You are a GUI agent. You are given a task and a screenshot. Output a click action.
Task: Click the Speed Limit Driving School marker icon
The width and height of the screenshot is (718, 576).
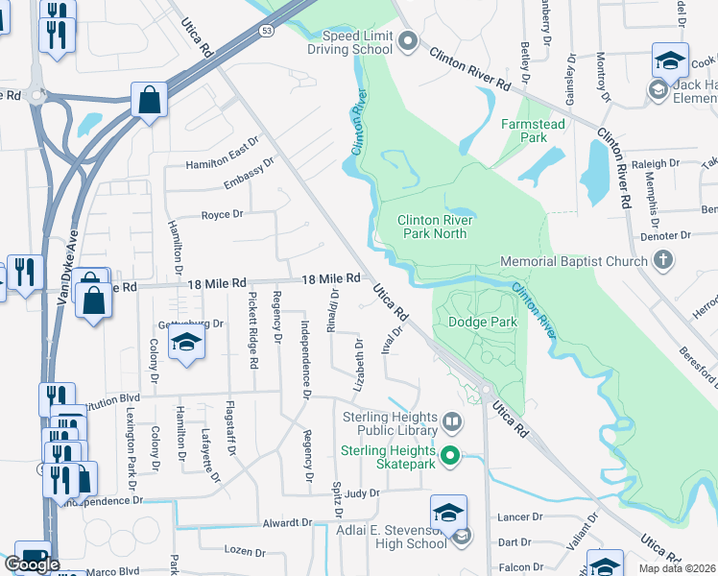point(408,40)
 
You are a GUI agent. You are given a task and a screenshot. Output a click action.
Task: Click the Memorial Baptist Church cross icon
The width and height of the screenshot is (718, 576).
point(662,260)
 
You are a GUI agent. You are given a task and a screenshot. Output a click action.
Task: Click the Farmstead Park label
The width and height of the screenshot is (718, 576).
point(533,131)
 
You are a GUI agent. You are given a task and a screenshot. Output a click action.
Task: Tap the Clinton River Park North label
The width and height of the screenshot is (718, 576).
point(432,227)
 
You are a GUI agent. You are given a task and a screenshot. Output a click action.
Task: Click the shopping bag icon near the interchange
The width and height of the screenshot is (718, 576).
point(150,100)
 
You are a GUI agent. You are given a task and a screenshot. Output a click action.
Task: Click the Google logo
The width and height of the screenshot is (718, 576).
point(32,564)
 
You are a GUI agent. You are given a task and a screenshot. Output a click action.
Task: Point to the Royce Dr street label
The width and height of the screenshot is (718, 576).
point(222,214)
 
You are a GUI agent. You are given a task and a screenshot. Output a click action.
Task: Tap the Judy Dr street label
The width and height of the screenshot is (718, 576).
point(362,493)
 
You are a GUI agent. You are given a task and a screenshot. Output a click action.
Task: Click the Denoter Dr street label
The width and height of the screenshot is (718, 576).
point(666,234)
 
